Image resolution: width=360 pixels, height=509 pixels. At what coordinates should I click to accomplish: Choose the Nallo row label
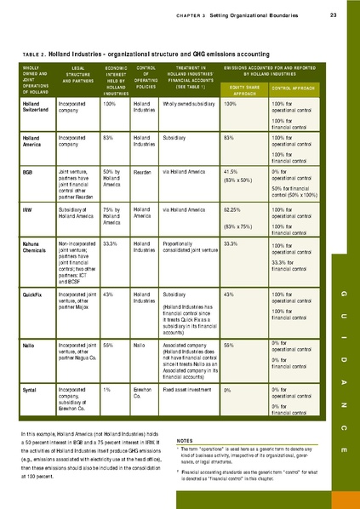point(29,345)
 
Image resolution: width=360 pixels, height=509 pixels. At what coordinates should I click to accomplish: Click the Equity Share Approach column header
point(242,90)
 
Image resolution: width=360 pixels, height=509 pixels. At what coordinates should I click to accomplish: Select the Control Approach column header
point(294,88)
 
